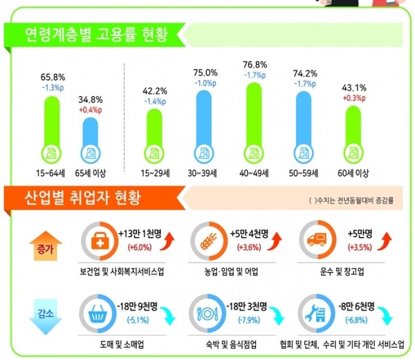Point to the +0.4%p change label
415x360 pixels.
[91, 109]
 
